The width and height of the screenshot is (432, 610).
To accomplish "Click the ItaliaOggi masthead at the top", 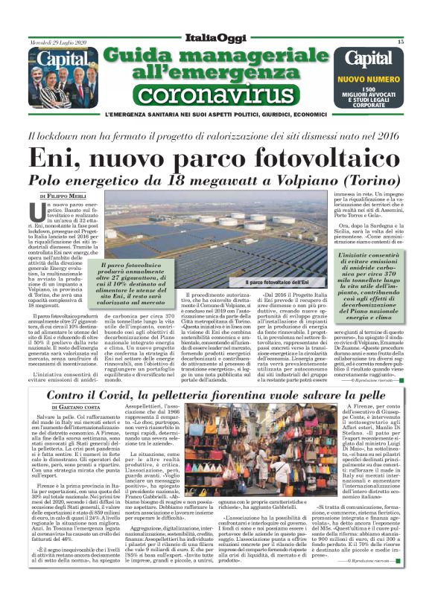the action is [x=215, y=38].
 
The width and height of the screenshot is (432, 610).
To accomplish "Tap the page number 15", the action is [x=400, y=42].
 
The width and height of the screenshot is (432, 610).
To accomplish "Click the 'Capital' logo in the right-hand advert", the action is [x=369, y=58].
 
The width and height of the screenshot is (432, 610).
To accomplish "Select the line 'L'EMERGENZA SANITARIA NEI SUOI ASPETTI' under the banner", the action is [x=186, y=115].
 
